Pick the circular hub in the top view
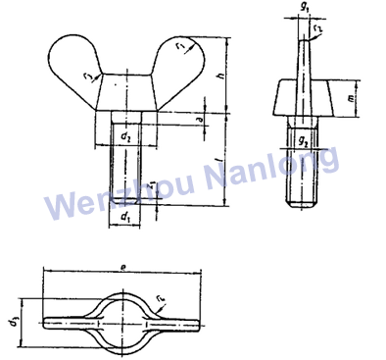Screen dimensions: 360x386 point(121,317)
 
